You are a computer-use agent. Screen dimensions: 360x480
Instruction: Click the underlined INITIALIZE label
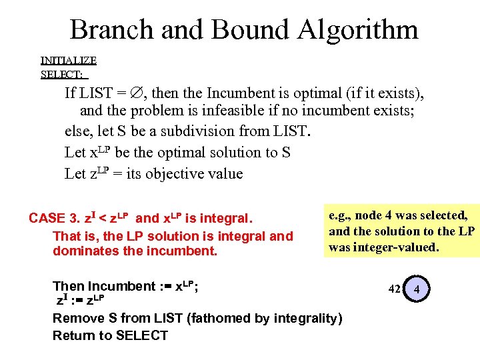coord(69,60)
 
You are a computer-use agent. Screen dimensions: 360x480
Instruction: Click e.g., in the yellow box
coord(341,215)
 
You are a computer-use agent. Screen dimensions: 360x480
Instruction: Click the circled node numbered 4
coord(417,289)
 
